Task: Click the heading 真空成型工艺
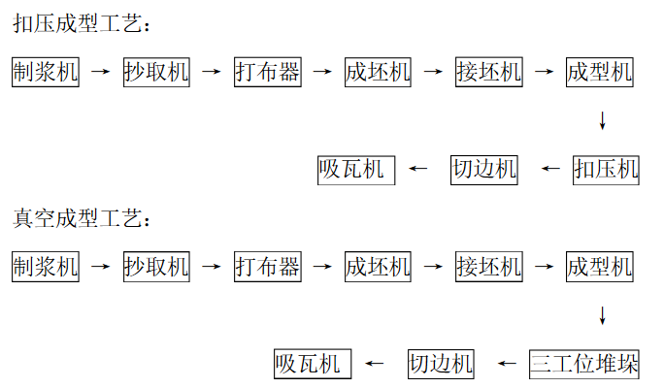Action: tap(83, 217)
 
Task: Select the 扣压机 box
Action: tap(607, 170)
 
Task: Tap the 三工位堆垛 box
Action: tap(584, 364)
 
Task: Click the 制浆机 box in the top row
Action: tap(46, 72)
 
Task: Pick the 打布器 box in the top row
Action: tap(267, 72)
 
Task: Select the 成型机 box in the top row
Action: tap(599, 72)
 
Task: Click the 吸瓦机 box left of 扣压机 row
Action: tap(356, 170)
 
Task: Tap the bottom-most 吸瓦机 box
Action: tap(312, 364)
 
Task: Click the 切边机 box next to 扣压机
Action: tap(484, 170)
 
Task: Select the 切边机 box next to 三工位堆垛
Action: tap(441, 364)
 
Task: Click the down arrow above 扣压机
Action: tap(603, 121)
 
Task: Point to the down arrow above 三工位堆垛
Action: tap(603, 315)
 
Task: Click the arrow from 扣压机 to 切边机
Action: tap(550, 170)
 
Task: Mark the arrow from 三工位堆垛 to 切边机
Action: tap(507, 364)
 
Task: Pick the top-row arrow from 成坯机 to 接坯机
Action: tap(433, 72)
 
